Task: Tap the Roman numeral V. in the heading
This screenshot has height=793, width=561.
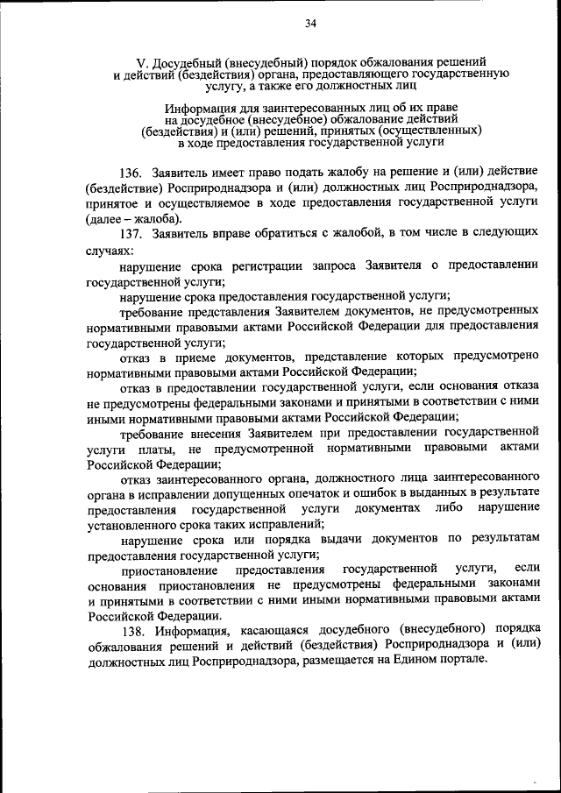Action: click(x=142, y=64)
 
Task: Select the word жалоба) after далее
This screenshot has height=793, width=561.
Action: click(x=161, y=219)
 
